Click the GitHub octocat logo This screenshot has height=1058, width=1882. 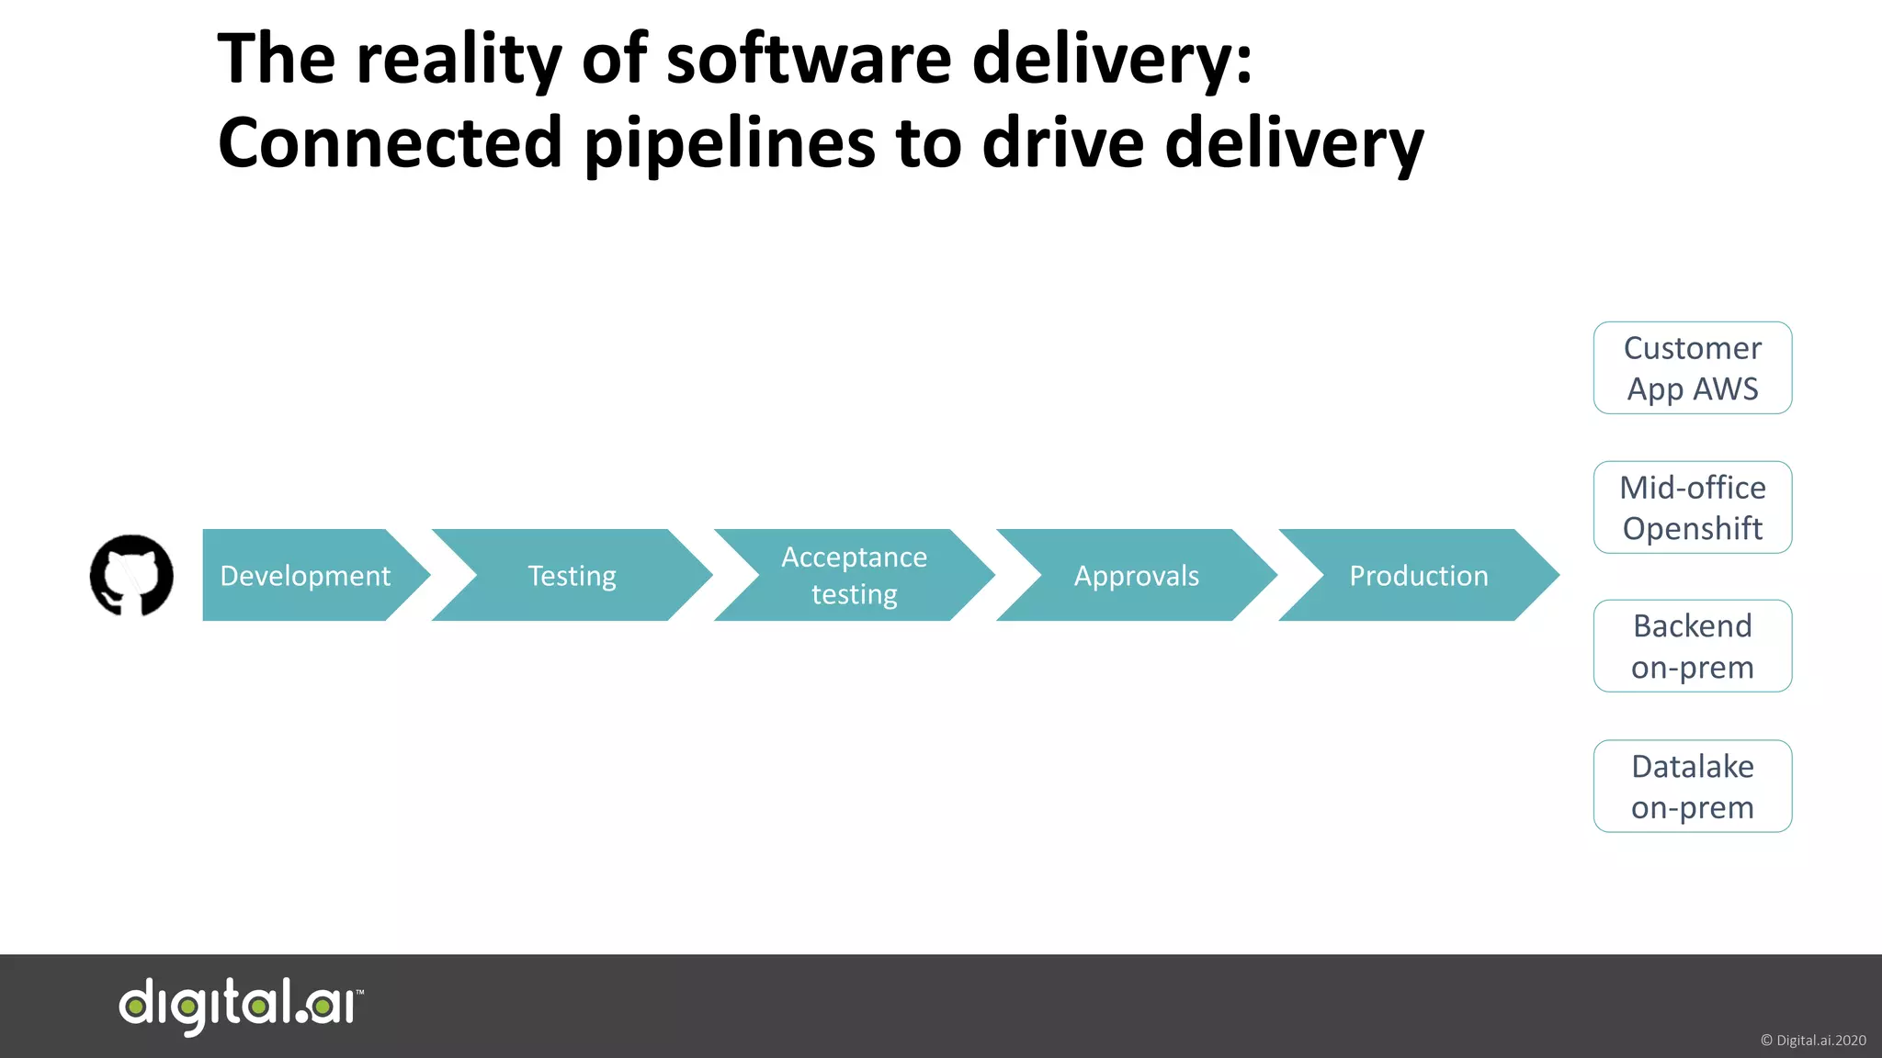[x=131, y=576]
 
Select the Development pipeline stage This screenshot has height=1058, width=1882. [x=305, y=576]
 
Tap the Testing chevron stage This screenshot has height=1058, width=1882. [x=572, y=576]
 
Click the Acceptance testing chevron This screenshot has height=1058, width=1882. [x=854, y=576]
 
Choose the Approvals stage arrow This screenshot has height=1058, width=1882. [x=1136, y=576]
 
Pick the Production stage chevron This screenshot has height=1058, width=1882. [x=1418, y=576]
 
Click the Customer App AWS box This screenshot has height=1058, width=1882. [x=1692, y=367]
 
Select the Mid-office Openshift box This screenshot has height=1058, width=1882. [x=1692, y=507]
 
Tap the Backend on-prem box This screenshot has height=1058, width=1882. [x=1692, y=646]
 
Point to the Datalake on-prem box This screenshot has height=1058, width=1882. [x=1692, y=786]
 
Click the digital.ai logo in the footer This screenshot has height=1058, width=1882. [x=241, y=1006]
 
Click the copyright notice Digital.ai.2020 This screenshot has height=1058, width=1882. [x=1812, y=1041]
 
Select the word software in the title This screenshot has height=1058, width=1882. [x=809, y=60]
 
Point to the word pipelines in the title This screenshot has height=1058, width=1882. [x=730, y=145]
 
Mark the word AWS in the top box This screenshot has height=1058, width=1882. [x=1726, y=389]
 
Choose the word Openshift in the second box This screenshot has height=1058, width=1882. [x=1692, y=529]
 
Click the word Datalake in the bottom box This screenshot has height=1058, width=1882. [x=1692, y=766]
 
